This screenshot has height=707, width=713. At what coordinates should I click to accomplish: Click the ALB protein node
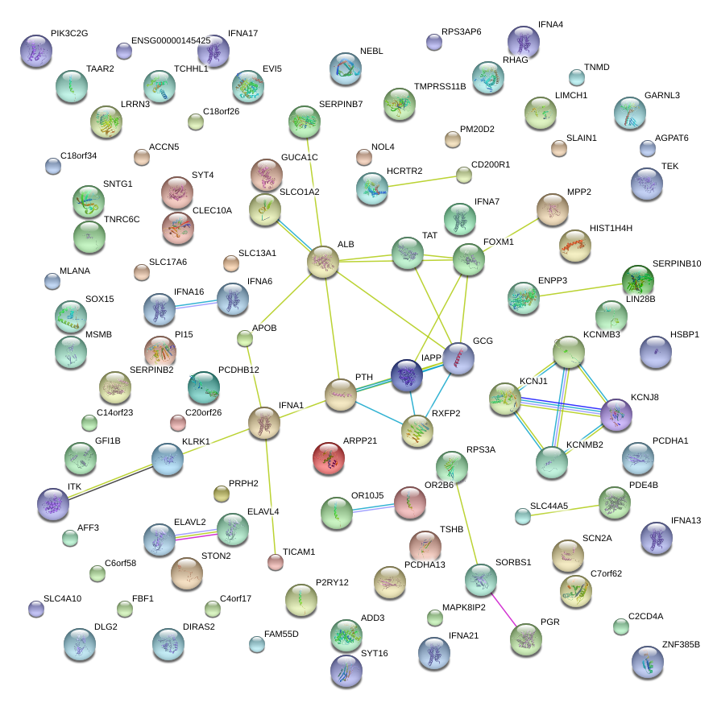click(323, 262)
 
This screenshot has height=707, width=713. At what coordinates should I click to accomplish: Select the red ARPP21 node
click(328, 457)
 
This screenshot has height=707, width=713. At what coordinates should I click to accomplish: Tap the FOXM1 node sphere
click(468, 259)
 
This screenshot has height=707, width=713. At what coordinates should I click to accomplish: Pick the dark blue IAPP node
click(407, 375)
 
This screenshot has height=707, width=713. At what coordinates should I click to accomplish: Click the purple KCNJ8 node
click(616, 414)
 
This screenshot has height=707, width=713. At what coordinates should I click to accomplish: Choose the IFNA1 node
click(263, 423)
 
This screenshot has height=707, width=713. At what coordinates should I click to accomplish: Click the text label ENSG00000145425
click(170, 40)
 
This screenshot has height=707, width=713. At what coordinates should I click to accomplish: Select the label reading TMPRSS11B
click(440, 85)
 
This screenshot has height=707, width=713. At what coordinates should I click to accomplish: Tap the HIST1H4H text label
click(611, 229)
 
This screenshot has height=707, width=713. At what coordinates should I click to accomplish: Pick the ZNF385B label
click(681, 645)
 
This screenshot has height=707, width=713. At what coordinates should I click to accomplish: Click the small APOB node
click(246, 338)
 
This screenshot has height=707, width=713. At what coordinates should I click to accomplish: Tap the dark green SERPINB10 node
click(638, 280)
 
